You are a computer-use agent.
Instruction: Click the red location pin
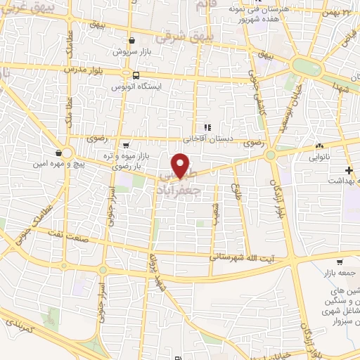coord(181,165)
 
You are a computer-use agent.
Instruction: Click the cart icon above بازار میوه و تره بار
coord(126,145)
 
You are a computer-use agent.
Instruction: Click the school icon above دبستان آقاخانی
coord(207,128)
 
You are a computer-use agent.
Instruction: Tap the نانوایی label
coord(320,158)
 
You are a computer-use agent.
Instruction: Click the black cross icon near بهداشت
coord(348,170)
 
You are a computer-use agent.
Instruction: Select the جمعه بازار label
coord(340,272)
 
